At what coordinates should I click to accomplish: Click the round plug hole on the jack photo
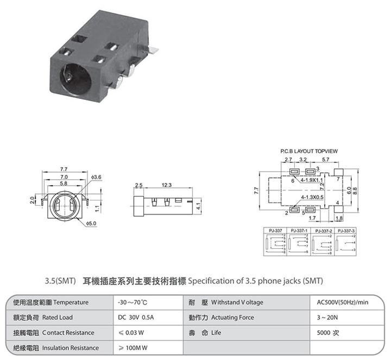click(68, 74)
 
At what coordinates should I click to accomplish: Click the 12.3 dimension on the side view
click(167, 186)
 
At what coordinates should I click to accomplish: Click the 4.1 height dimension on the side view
click(199, 206)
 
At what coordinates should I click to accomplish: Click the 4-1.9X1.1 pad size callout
click(311, 179)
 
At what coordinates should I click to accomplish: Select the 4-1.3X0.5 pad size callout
click(312, 197)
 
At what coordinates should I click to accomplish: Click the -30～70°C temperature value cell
click(133, 302)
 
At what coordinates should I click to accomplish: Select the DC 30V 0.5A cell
click(136, 317)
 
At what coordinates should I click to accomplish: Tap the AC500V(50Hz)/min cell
click(343, 302)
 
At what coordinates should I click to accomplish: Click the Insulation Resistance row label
click(71, 348)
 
